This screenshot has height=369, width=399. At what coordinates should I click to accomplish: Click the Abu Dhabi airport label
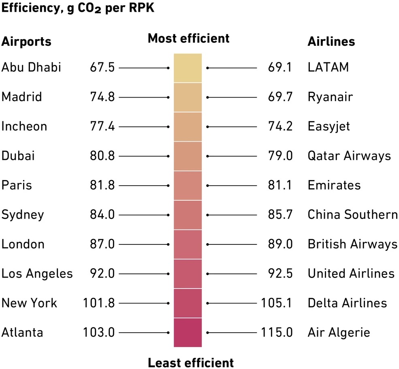pyautogui.click(x=31, y=67)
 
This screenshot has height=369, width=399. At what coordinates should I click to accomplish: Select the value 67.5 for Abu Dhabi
pyautogui.click(x=102, y=68)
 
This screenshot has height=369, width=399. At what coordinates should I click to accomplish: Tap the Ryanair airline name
pyautogui.click(x=330, y=97)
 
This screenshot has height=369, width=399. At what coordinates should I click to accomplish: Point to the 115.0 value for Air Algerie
pyautogui.click(x=277, y=333)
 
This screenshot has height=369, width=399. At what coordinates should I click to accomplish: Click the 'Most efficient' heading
pyautogui.click(x=188, y=38)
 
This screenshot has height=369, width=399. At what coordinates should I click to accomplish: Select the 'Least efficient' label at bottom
pyautogui.click(x=190, y=363)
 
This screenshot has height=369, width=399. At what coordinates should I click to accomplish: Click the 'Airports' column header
pyautogui.click(x=26, y=42)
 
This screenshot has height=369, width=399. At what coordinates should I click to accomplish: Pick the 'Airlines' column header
pyautogui.click(x=331, y=42)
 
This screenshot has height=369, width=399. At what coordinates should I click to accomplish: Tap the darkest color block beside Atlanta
pyautogui.click(x=188, y=333)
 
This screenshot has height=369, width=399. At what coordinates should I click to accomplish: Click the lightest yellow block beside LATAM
pyautogui.click(x=188, y=68)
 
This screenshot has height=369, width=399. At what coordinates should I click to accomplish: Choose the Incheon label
pyautogui.click(x=24, y=126)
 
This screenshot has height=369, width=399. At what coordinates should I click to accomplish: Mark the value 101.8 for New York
pyautogui.click(x=98, y=303)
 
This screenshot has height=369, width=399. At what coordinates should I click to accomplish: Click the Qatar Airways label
pyautogui.click(x=349, y=156)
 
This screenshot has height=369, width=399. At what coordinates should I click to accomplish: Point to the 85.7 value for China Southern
pyautogui.click(x=280, y=214)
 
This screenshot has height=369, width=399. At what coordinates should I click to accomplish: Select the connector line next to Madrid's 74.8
pyautogui.click(x=144, y=98)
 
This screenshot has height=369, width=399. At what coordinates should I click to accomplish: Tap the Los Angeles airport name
pyautogui.click(x=37, y=274)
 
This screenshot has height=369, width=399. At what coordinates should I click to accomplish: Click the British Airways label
pyautogui.click(x=352, y=244)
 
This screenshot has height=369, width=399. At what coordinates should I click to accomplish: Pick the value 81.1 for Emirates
pyautogui.click(x=280, y=185)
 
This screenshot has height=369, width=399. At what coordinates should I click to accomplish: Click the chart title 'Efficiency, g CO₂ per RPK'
pyautogui.click(x=78, y=9)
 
